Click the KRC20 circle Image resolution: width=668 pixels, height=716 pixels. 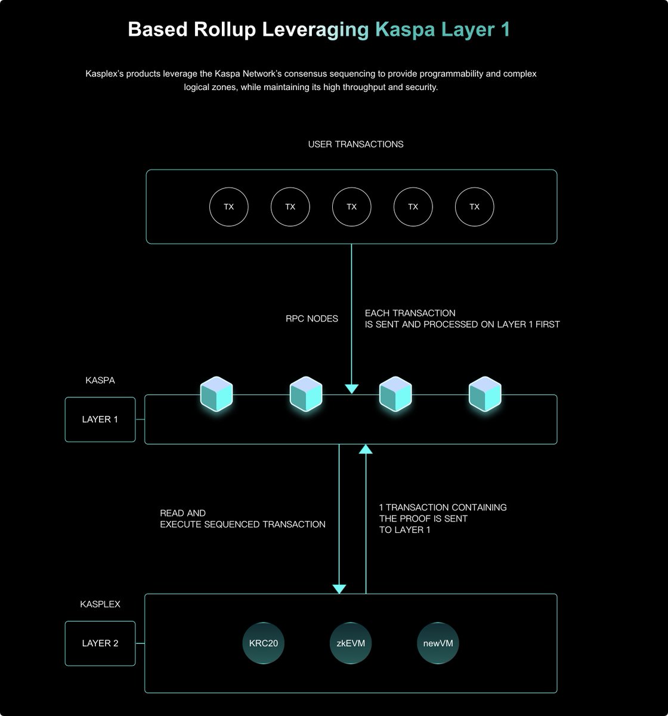pyautogui.click(x=263, y=643)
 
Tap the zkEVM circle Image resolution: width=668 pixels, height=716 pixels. pyautogui.click(x=347, y=643)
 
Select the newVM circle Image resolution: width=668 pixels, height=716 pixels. pyautogui.click(x=438, y=643)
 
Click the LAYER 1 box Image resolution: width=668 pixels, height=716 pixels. pyautogui.click(x=100, y=419)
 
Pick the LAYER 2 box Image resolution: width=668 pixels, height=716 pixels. pyautogui.click(x=100, y=643)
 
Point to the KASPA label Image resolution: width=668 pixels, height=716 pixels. pyautogui.click(x=100, y=380)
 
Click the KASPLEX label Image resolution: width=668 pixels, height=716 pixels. pyautogui.click(x=100, y=604)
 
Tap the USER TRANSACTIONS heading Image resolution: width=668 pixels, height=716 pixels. pyautogui.click(x=355, y=144)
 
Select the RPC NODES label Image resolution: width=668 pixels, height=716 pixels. pyautogui.click(x=312, y=319)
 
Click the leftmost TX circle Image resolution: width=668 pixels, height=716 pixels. pyautogui.click(x=228, y=206)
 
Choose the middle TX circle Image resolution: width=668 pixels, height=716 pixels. pyautogui.click(x=351, y=206)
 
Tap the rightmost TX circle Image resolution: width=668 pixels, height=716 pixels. pyautogui.click(x=474, y=206)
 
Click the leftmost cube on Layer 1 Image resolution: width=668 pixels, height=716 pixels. pyautogui.click(x=216, y=394)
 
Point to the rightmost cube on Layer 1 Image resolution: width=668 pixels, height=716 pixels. pyautogui.click(x=485, y=394)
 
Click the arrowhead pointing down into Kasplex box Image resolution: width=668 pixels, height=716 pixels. pyautogui.click(x=339, y=589)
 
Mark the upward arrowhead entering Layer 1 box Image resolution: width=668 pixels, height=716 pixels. pyautogui.click(x=366, y=449)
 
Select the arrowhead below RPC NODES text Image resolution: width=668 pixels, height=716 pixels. pyautogui.click(x=352, y=389)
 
